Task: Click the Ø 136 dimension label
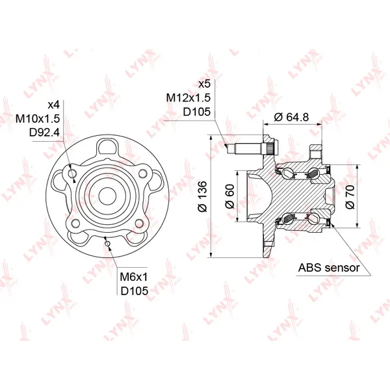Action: pyautogui.click(x=202, y=196)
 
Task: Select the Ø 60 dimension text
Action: pyautogui.click(x=229, y=196)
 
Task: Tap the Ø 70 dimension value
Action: pyautogui.click(x=350, y=197)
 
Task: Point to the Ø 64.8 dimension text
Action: pyautogui.click(x=291, y=116)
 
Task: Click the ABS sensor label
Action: pyautogui.click(x=329, y=268)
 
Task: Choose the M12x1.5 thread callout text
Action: pyautogui.click(x=188, y=97)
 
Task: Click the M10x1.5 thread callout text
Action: pyautogui.click(x=38, y=119)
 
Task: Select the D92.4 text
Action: pyautogui.click(x=44, y=133)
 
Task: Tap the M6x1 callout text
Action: pyautogui.click(x=134, y=277)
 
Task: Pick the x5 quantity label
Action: pyautogui.click(x=205, y=84)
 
